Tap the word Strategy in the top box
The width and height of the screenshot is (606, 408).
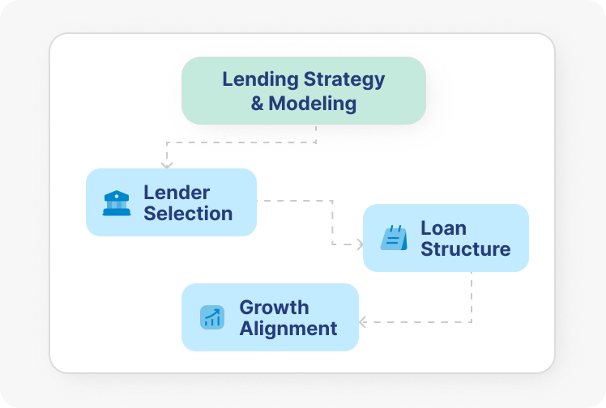344,80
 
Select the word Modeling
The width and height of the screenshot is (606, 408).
313,104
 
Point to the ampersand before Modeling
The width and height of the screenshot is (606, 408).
258,104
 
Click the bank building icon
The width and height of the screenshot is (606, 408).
117,202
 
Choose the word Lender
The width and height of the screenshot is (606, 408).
177,193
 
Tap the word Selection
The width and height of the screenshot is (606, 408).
188,214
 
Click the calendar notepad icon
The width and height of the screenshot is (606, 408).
394,238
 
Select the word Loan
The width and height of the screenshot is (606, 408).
443,228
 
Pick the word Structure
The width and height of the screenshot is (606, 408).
465,249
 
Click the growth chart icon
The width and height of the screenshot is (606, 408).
212,317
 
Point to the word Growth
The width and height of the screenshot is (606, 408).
274,308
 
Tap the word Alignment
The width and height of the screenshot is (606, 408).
288,329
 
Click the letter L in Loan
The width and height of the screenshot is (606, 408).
425,228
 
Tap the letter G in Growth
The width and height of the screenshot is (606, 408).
247,308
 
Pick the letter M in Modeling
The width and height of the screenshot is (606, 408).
279,104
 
